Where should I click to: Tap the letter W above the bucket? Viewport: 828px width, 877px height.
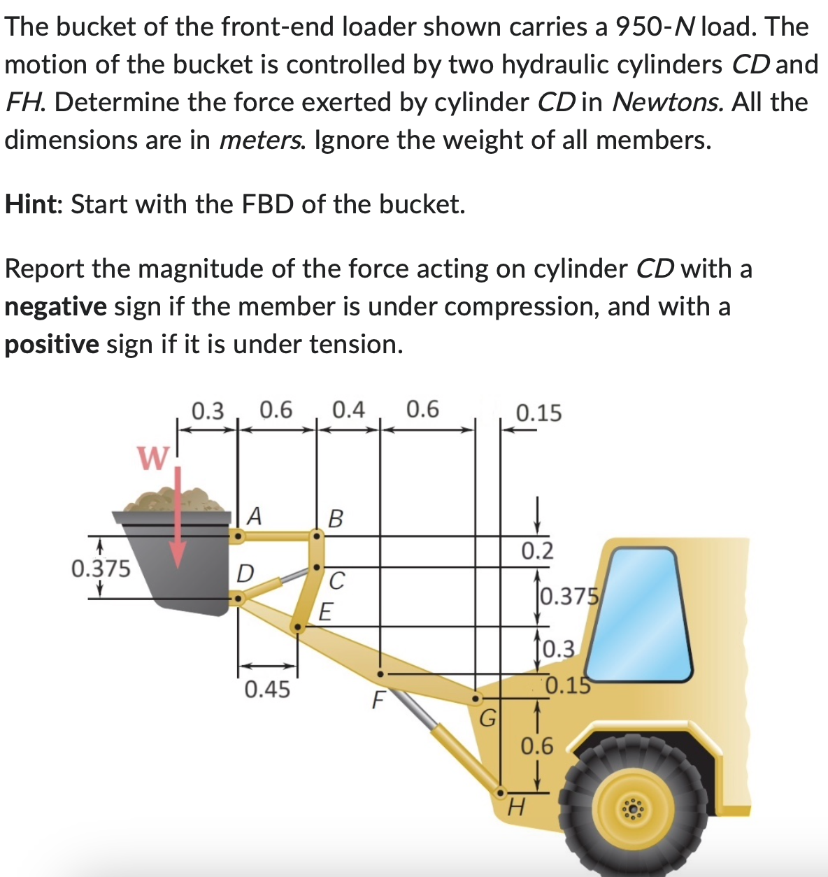point(153,459)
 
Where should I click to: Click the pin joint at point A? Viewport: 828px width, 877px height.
point(238,537)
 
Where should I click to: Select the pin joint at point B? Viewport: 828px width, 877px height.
point(316,537)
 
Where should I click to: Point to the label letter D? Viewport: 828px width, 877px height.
point(244,573)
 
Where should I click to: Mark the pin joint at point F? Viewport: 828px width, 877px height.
point(380,673)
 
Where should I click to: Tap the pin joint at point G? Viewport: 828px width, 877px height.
point(476,698)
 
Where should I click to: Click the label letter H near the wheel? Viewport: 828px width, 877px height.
point(515,809)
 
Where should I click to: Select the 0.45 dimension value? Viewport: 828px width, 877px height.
point(267,690)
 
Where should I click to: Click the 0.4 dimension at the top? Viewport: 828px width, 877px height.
point(348,410)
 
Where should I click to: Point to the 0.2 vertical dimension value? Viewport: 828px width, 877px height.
point(537,551)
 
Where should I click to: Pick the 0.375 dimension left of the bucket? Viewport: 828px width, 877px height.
point(101,569)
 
